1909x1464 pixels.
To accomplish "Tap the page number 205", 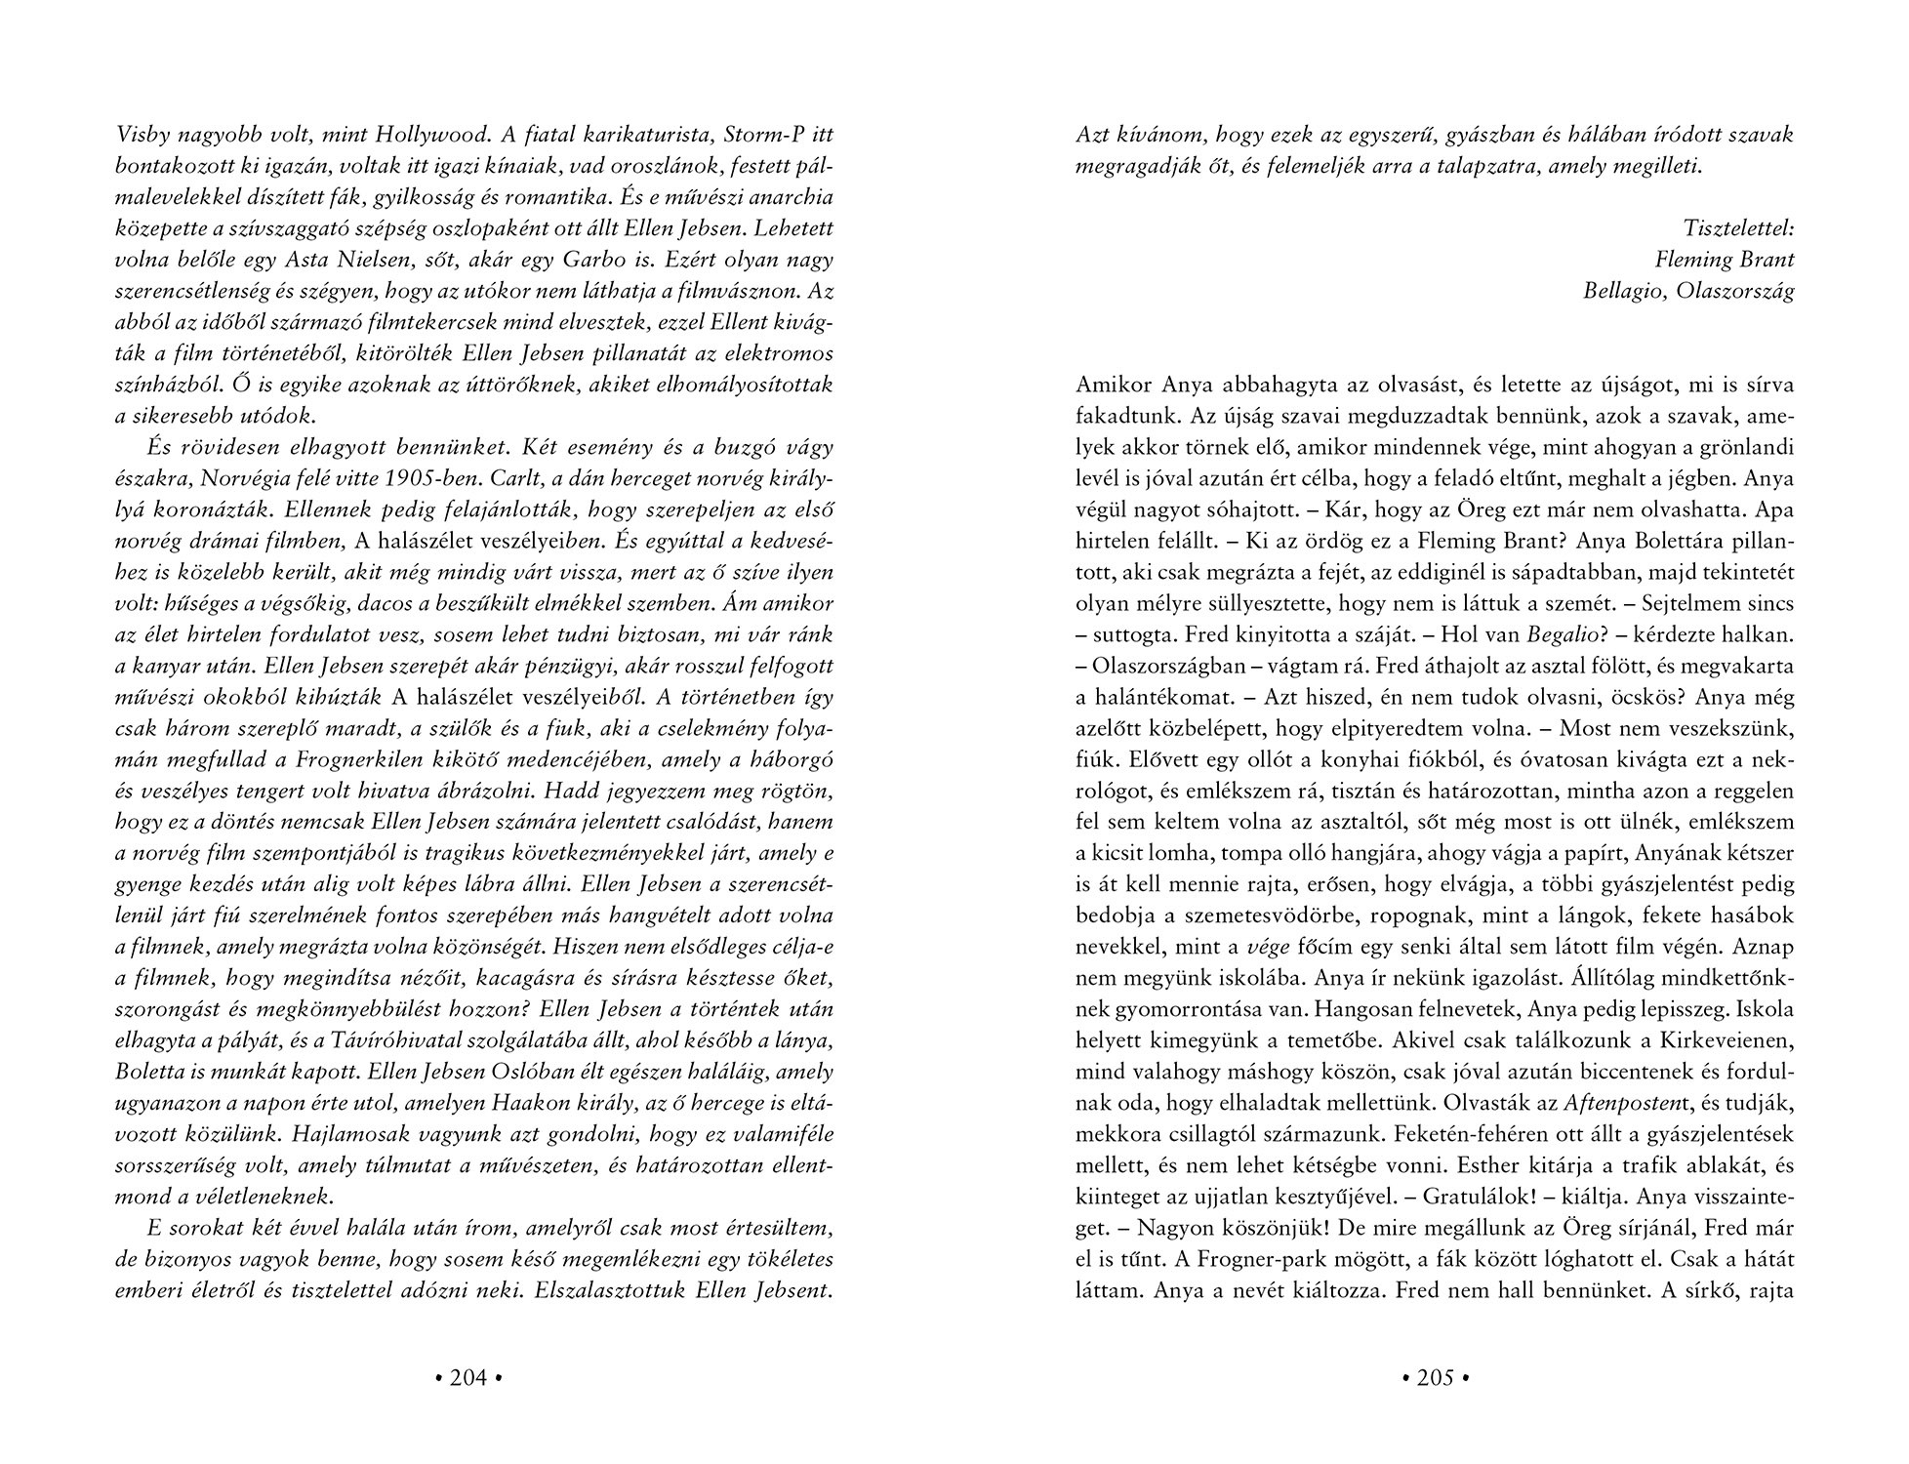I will coord(1435,1377).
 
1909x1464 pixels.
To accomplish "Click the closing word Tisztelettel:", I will coord(1738,228).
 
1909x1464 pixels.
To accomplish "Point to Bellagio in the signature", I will coord(1623,291).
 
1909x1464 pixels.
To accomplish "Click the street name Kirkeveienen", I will coord(1719,1041).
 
